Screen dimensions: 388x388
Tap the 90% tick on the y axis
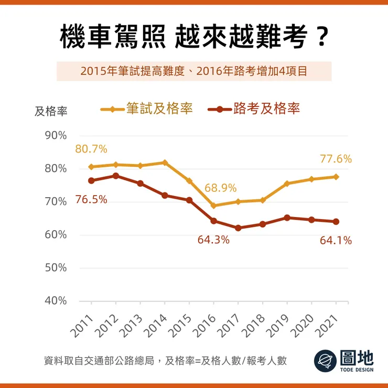56,135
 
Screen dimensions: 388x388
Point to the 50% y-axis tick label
56,268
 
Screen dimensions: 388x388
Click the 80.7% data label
91,149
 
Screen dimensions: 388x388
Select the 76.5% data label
91,199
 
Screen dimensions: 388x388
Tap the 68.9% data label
221,188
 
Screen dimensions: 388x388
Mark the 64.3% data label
213,240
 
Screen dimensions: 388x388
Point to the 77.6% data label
336,159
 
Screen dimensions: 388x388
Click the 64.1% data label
336,241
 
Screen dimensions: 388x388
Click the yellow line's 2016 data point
214,206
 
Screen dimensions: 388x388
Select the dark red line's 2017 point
238,228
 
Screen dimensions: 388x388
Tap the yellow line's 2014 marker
165,163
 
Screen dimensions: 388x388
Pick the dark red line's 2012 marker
116,176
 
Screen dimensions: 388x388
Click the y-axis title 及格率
51,111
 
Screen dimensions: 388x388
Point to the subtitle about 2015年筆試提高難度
193,71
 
